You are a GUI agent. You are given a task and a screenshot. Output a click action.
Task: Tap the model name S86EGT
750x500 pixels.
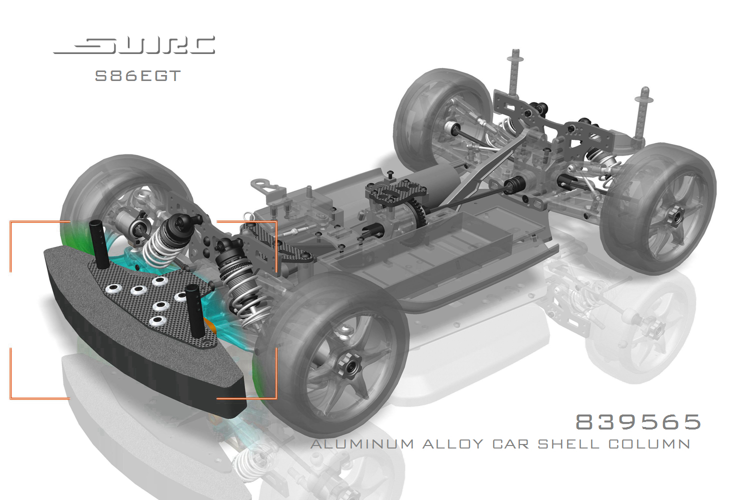click(137, 76)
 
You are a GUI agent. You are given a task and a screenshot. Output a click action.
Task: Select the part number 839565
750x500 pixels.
click(638, 422)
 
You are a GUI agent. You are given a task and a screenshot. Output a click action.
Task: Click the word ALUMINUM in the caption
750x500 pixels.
click(362, 444)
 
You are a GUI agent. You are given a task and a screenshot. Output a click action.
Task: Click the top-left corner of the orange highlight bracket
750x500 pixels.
click(11, 222)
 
